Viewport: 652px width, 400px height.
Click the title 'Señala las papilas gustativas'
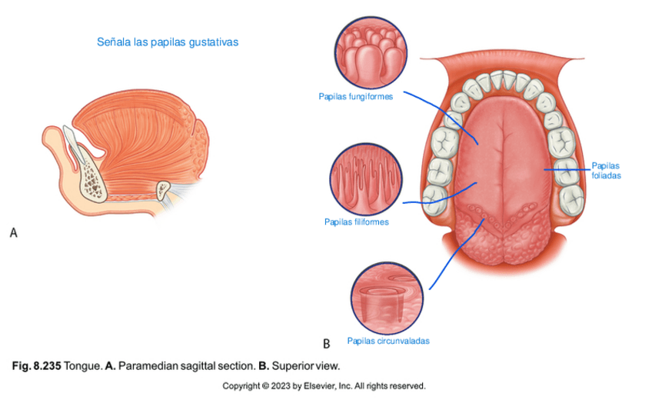click(x=167, y=42)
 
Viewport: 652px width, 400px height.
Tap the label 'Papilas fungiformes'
click(x=356, y=97)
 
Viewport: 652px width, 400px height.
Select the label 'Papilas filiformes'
click(x=356, y=222)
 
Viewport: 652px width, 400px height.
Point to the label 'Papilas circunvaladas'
click(x=388, y=341)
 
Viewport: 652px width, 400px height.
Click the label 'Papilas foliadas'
click(x=606, y=170)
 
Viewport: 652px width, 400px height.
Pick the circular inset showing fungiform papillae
click(x=371, y=53)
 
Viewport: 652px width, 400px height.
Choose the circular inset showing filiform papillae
click(x=366, y=181)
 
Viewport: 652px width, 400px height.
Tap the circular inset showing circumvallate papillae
click(x=387, y=297)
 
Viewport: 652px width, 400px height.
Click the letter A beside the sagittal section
click(x=13, y=231)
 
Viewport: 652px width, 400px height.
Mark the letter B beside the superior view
click(x=326, y=343)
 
